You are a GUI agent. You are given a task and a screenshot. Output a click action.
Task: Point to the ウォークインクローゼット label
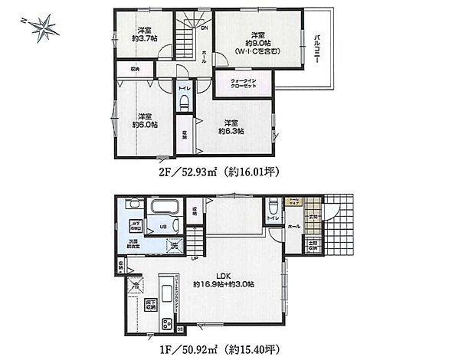coord(244,85)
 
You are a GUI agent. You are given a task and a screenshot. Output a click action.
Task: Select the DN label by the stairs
coord(204,28)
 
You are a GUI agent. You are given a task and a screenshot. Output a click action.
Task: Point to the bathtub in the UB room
coord(164,208)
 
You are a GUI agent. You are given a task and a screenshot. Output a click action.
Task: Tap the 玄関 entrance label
coord(312,218)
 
